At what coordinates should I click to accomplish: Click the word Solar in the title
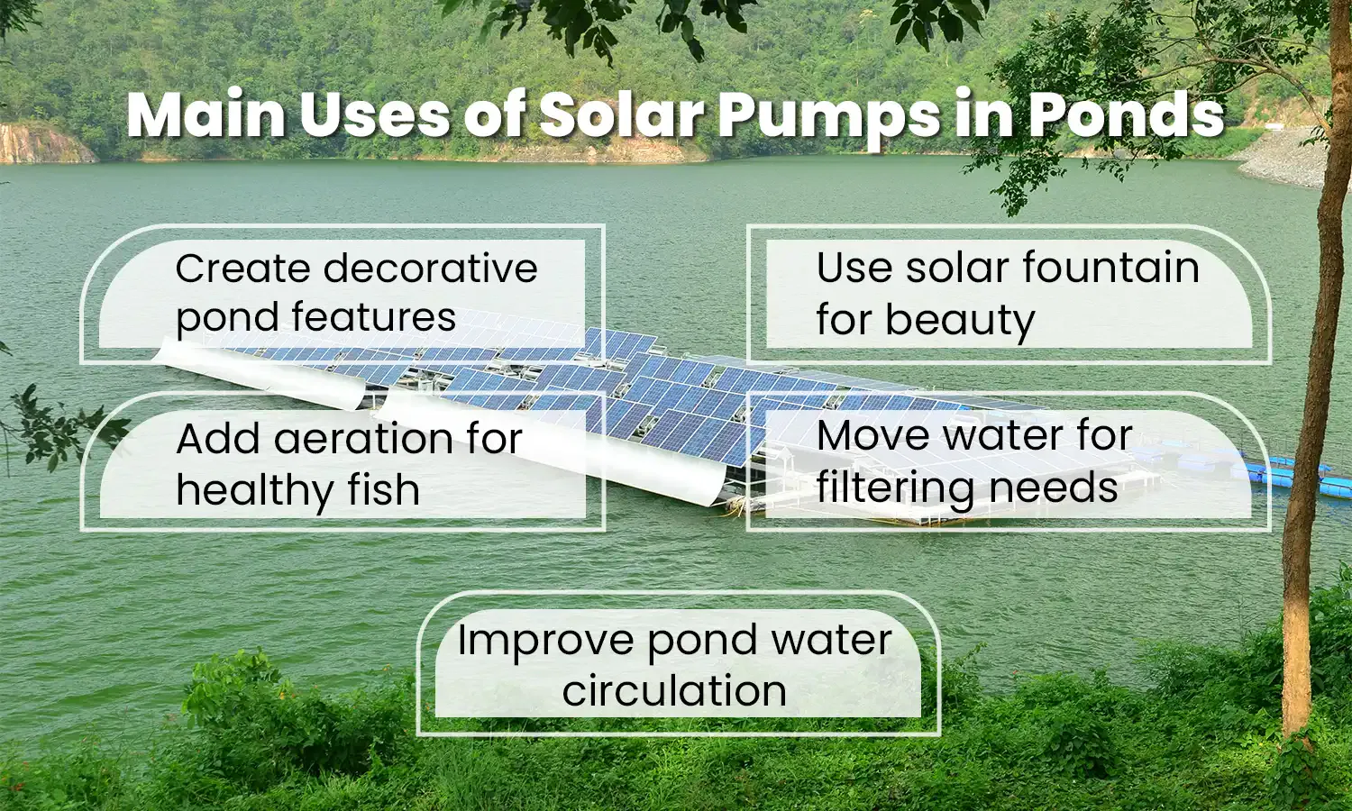click(622, 115)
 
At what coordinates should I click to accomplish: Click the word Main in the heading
click(205, 115)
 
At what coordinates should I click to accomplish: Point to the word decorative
click(430, 269)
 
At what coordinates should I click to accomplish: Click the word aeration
click(364, 439)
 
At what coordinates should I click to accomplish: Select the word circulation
click(674, 691)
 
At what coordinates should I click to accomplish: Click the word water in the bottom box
click(835, 641)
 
